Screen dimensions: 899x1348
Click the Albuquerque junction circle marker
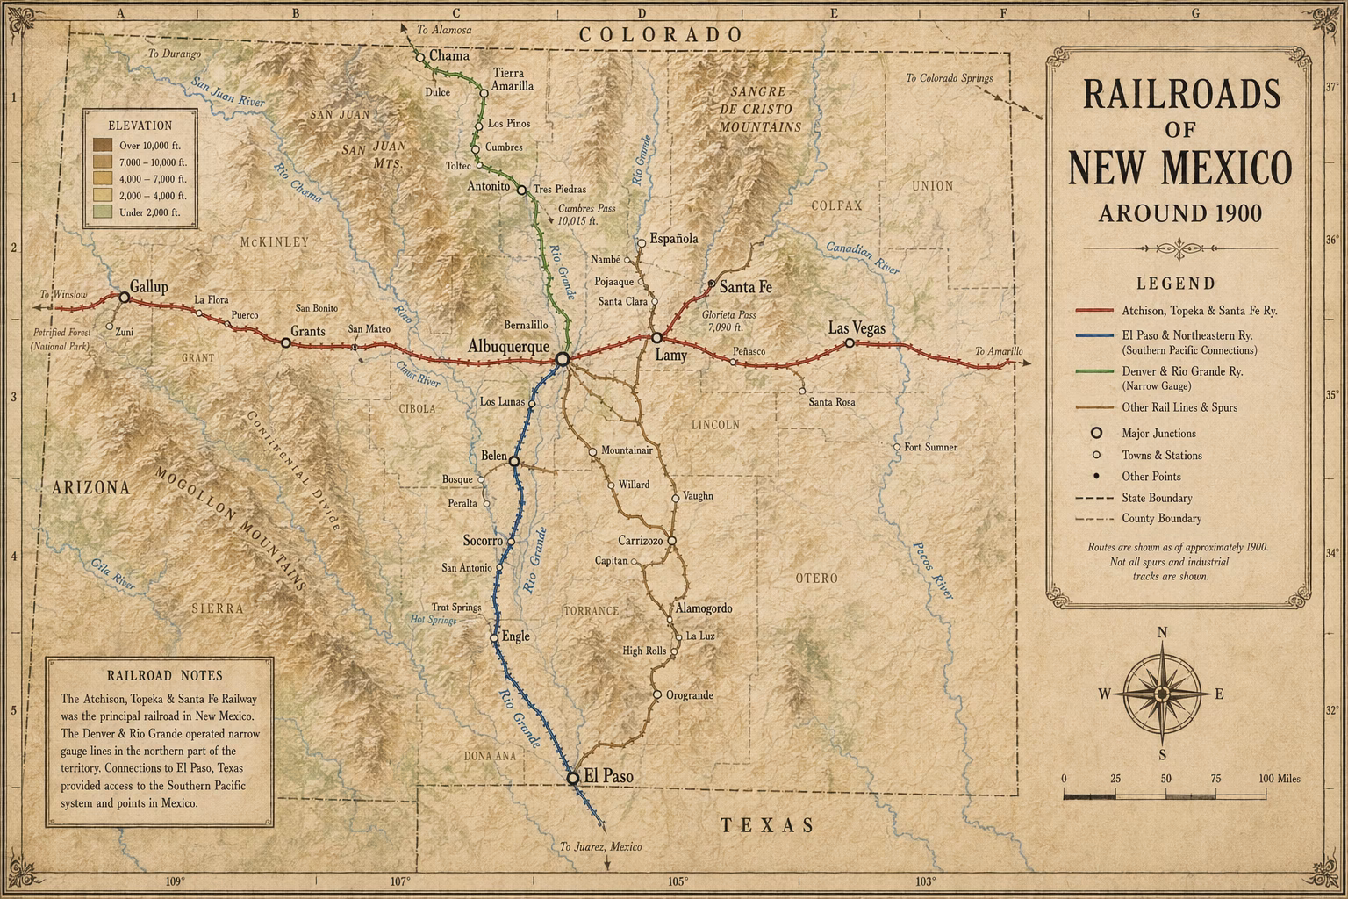tap(562, 358)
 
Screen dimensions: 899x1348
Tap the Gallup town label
tap(148, 286)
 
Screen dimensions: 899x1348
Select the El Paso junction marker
tap(572, 778)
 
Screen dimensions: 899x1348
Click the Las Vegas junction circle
tap(850, 343)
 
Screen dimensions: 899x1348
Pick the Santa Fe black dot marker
tap(711, 284)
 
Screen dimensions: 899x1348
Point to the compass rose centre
tap(1162, 694)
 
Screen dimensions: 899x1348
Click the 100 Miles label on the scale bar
tap(1279, 779)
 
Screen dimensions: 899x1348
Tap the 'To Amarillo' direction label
tap(999, 352)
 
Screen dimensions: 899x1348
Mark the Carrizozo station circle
tap(671, 541)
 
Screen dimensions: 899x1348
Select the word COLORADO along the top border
tap(660, 34)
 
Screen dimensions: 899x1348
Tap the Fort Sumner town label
tap(930, 447)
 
